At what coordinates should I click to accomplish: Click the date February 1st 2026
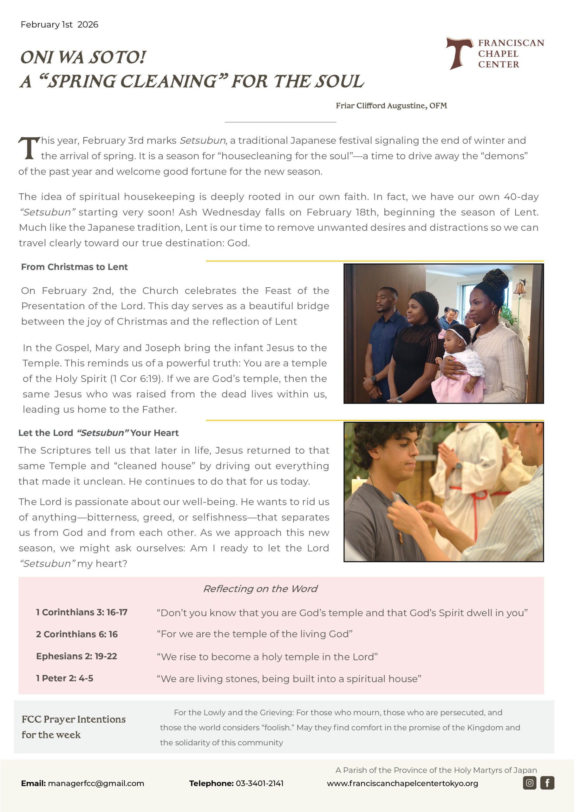[x=59, y=25]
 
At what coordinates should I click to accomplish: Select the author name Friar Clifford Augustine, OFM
[x=391, y=106]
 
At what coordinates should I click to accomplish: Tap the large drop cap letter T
[x=28, y=148]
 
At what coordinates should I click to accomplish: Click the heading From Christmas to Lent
[x=74, y=267]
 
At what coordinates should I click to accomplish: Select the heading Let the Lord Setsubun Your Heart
[x=98, y=433]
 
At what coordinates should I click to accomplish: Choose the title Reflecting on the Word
[x=260, y=589]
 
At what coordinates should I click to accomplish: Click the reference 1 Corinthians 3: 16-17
[x=82, y=612]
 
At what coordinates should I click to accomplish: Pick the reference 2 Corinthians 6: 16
[x=77, y=634]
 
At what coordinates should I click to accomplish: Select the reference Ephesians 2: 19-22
[x=76, y=656]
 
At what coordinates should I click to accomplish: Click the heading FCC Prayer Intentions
[x=74, y=719]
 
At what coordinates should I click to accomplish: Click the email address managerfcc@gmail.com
[x=96, y=783]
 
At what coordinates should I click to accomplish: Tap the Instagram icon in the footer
[x=529, y=783]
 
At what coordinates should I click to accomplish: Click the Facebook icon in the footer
[x=547, y=783]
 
